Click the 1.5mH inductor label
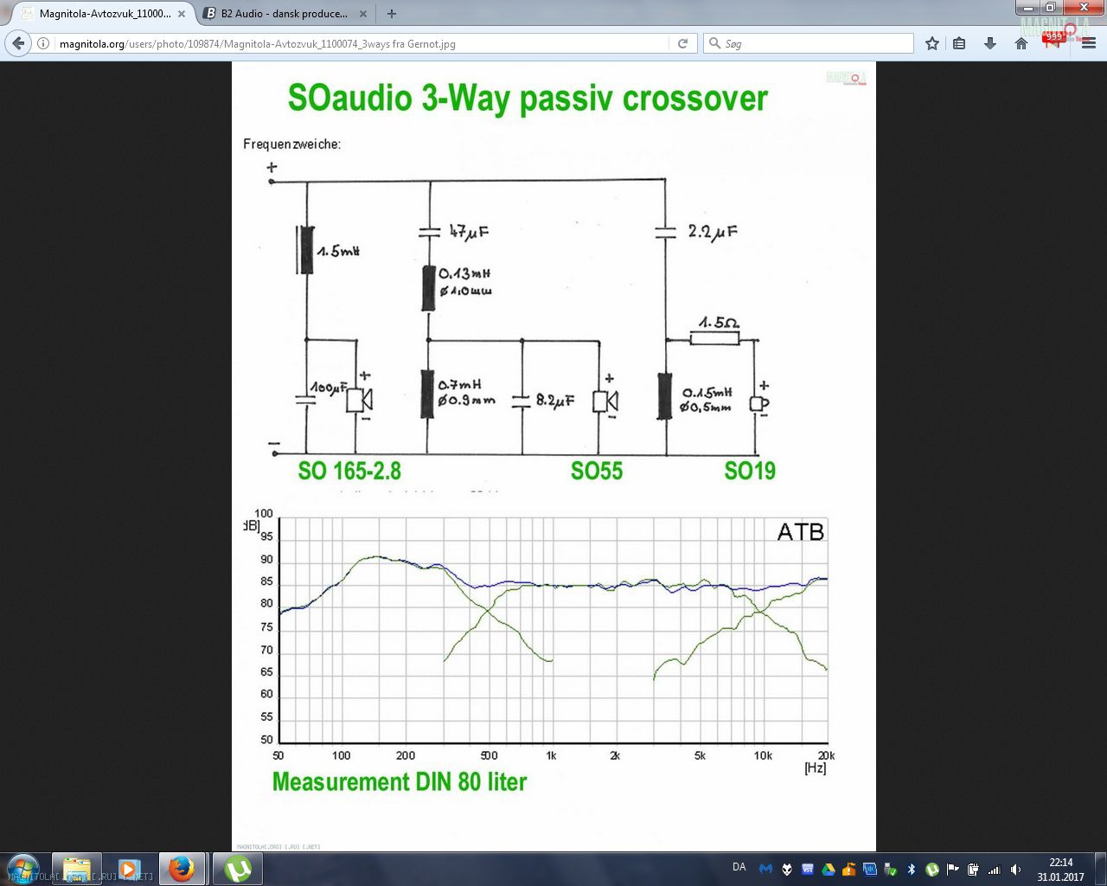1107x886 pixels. click(338, 251)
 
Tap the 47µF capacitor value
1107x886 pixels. click(469, 232)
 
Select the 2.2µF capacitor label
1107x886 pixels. click(713, 232)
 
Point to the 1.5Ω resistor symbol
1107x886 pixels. click(714, 337)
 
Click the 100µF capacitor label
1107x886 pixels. click(329, 388)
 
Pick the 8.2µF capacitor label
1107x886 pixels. click(554, 401)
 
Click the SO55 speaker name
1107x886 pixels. click(597, 471)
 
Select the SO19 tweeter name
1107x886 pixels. click(750, 471)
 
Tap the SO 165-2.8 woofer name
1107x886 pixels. click(349, 471)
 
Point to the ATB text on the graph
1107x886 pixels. click(800, 531)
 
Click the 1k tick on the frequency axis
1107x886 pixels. click(551, 755)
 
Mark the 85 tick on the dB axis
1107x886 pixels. click(266, 581)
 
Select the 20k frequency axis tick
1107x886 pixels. click(826, 755)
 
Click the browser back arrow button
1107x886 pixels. click(18, 43)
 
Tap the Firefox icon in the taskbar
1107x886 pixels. click(181, 868)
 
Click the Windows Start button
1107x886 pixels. click(22, 868)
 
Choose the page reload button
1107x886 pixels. click(682, 43)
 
